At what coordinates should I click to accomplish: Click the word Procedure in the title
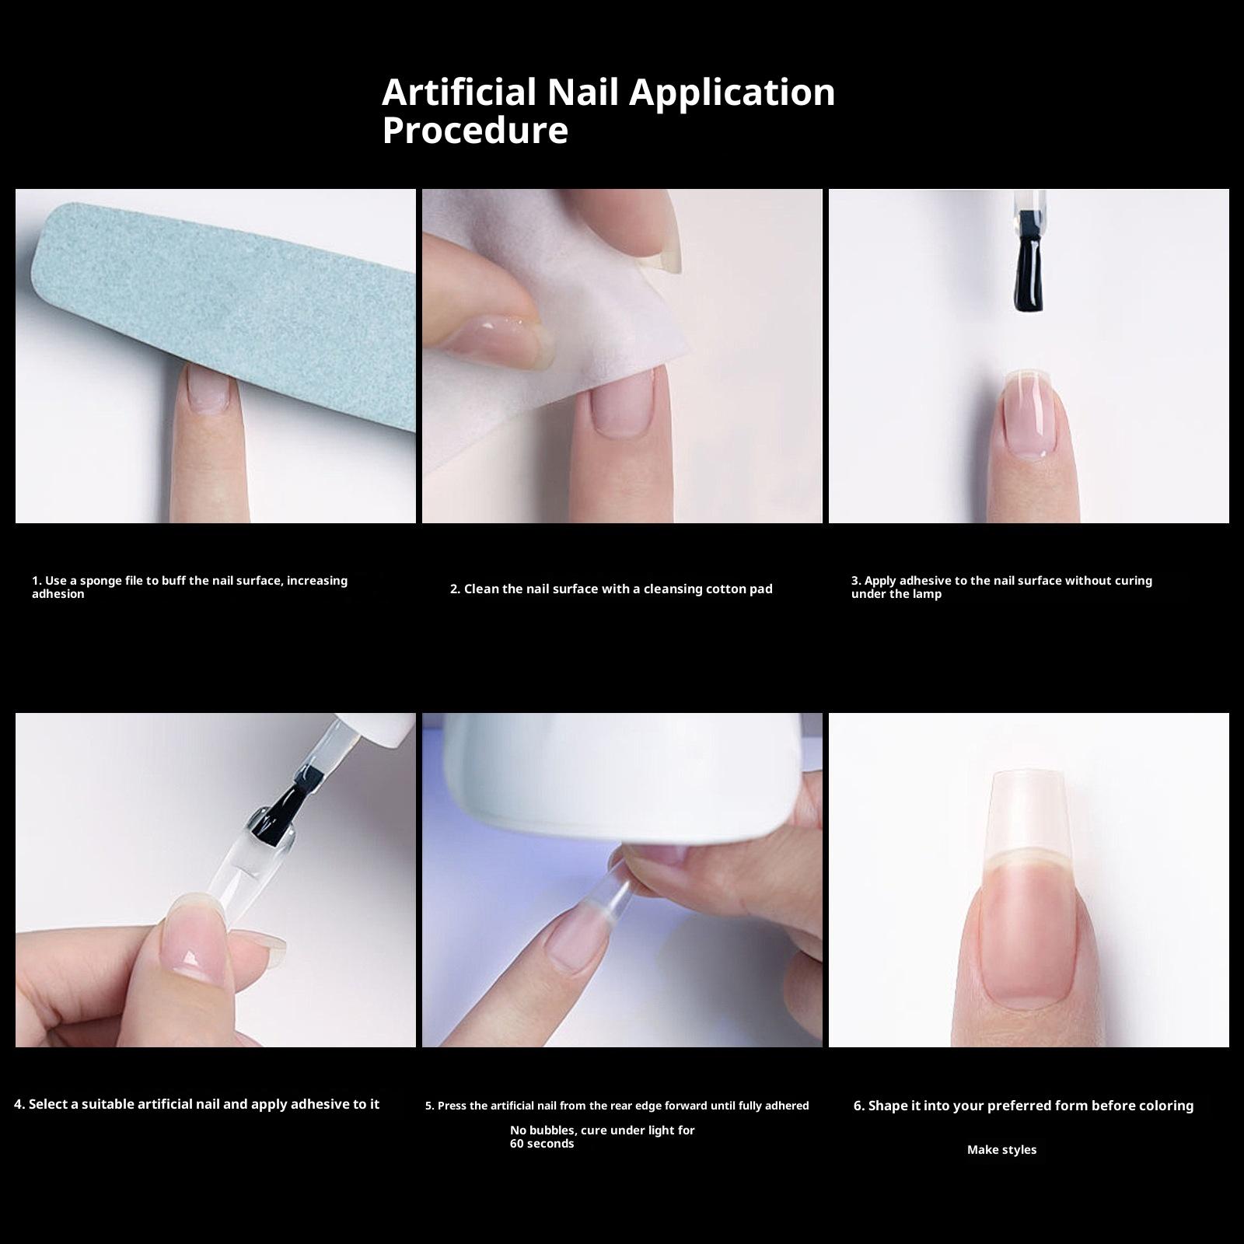point(475,130)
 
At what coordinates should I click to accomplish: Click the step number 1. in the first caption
point(37,581)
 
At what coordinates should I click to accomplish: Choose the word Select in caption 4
point(53,1104)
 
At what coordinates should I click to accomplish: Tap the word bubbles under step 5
point(553,1130)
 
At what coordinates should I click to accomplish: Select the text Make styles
point(1001,1150)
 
